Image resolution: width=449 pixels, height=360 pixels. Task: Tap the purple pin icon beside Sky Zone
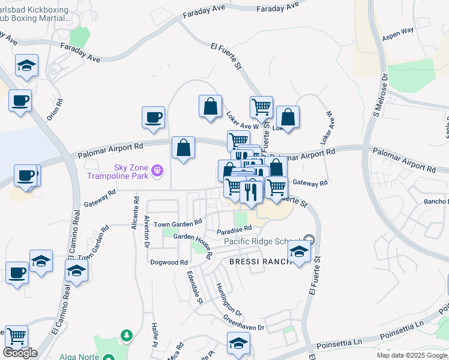(157, 171)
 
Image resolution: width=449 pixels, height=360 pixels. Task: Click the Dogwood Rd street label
(169, 262)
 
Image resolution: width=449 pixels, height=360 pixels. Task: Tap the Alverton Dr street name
(146, 231)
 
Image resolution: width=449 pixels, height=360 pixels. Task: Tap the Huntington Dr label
(229, 300)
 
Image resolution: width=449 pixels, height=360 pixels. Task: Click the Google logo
(20, 353)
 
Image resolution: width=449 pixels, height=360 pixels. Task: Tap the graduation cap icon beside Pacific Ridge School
(299, 251)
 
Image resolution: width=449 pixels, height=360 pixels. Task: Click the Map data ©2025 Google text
(412, 355)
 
